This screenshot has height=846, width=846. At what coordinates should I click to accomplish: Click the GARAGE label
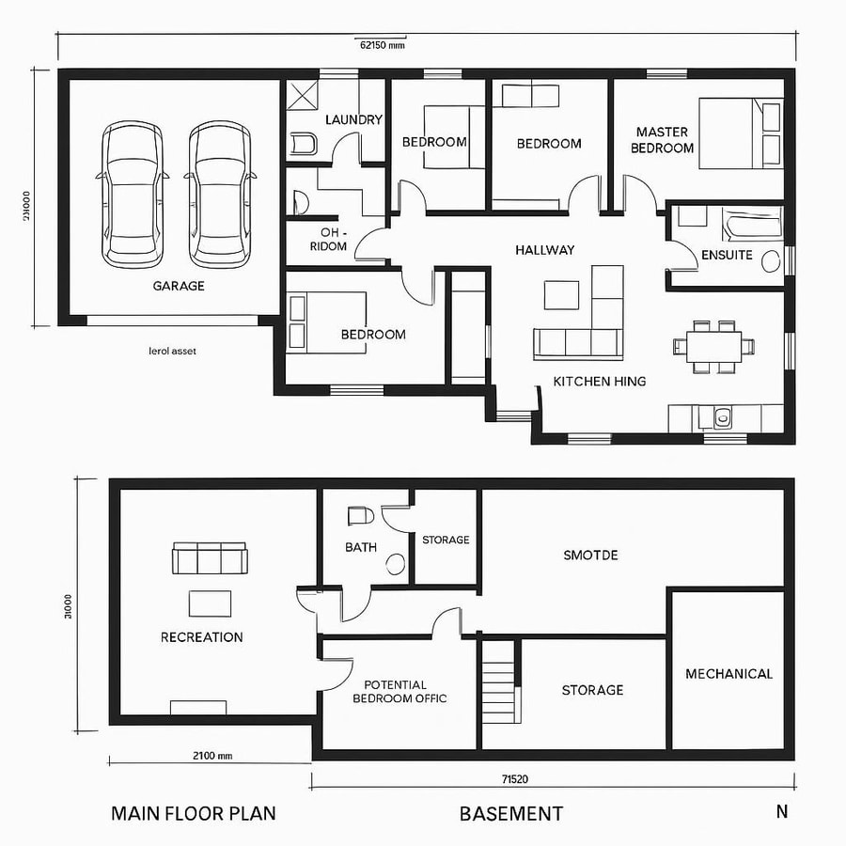[179, 286]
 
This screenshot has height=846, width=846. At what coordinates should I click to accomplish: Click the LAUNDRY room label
[353, 119]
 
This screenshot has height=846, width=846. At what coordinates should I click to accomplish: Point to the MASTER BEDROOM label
[662, 140]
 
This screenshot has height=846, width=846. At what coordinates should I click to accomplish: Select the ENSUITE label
[727, 255]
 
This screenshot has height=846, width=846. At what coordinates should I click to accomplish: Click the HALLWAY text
[544, 250]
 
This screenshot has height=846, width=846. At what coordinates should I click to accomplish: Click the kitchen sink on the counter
[722, 417]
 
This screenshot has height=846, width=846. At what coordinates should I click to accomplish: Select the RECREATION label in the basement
[201, 637]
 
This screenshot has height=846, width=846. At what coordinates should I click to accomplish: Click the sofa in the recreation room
[209, 558]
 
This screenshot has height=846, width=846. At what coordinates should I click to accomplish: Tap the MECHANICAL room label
[728, 674]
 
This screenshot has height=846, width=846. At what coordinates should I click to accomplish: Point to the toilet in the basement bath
[360, 516]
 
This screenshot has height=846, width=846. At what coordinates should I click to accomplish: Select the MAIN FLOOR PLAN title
[194, 813]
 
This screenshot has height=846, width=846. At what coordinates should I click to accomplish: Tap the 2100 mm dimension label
[211, 755]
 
